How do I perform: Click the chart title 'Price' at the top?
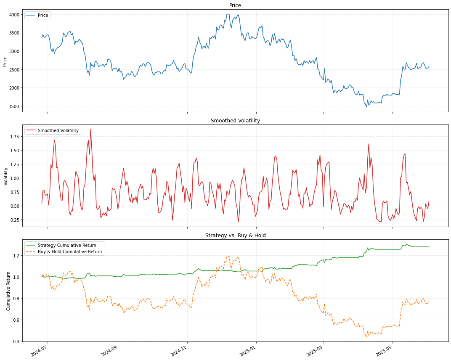point(235,5)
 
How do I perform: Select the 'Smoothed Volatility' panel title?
point(235,121)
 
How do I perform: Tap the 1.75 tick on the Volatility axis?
point(14,137)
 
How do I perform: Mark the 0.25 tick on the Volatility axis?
point(14,220)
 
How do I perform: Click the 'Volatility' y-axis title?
point(5,177)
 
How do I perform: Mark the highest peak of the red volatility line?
point(90,130)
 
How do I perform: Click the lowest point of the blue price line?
point(366,107)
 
